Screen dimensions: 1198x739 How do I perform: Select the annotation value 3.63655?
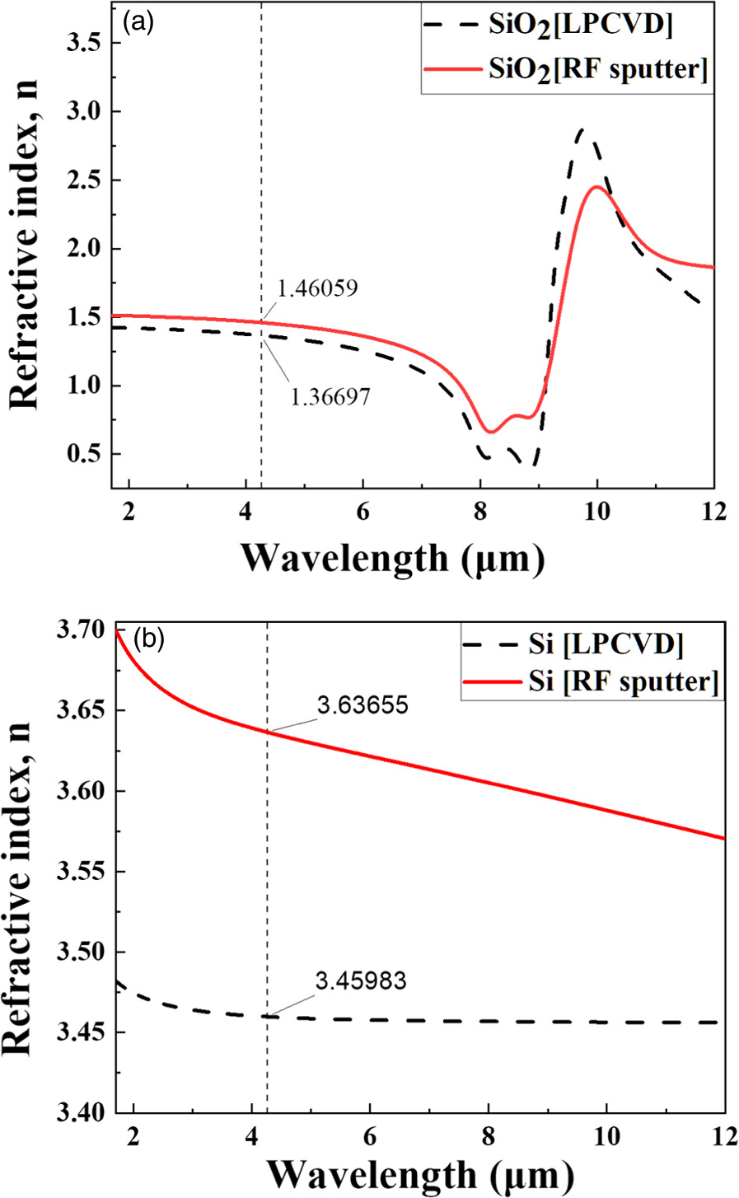tap(362, 706)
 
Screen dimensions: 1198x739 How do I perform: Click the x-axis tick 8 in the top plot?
tap(479, 511)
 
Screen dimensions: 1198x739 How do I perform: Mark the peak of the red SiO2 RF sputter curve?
tap(596, 187)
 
